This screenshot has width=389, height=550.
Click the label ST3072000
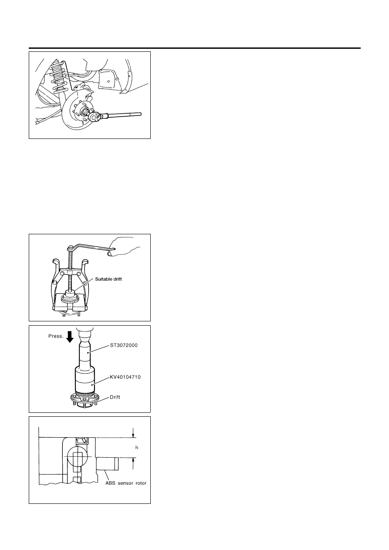pyautogui.click(x=124, y=345)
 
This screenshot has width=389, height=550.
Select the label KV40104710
pyautogui.click(x=125, y=377)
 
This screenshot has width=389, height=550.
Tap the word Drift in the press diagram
pyautogui.click(x=115, y=397)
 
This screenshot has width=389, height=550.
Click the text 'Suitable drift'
pyautogui.click(x=108, y=279)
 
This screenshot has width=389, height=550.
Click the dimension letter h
pyautogui.click(x=137, y=447)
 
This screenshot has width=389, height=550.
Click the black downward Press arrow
pyautogui.click(x=70, y=337)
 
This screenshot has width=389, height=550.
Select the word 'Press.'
pyautogui.click(x=56, y=336)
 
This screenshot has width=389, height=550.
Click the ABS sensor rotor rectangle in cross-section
pyautogui.click(x=107, y=464)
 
